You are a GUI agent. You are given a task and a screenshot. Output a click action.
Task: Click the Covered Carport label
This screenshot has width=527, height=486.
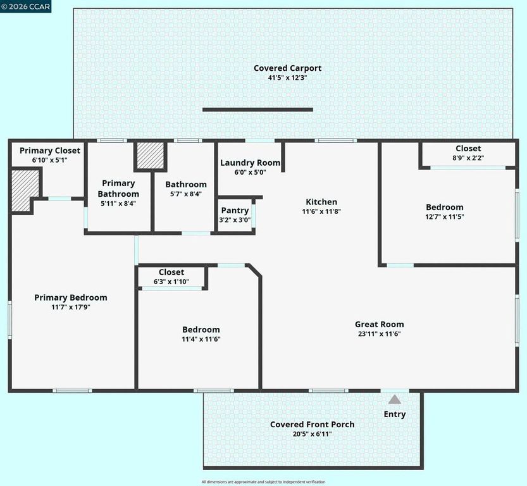pyautogui.click(x=287, y=68)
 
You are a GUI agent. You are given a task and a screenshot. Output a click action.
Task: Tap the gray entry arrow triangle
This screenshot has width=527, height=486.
pyautogui.click(x=394, y=399)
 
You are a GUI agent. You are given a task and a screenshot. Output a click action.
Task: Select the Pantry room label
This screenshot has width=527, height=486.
pyautogui.click(x=235, y=211)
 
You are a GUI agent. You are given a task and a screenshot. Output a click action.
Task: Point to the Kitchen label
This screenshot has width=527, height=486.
pyautogui.click(x=321, y=202)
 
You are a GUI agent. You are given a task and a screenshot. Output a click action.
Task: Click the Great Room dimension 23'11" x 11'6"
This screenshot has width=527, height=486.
pyautogui.click(x=379, y=334)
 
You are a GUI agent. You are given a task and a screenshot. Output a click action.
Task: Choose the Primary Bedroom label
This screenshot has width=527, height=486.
pyautogui.click(x=71, y=297)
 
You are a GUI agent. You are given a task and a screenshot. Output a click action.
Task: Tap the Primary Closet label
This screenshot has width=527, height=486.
pyautogui.click(x=50, y=151)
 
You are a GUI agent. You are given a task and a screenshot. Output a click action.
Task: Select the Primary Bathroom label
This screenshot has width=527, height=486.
pyautogui.click(x=118, y=189)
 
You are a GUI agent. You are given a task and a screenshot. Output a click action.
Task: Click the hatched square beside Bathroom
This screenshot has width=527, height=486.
pyautogui.click(x=151, y=156)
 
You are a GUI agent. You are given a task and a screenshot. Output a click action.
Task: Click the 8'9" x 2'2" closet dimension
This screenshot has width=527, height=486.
pyautogui.click(x=468, y=158)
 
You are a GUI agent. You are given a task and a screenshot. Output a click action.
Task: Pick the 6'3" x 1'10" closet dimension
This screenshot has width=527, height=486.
pyautogui.click(x=171, y=282)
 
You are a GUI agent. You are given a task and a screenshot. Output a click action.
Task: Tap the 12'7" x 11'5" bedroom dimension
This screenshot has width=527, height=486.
pyautogui.click(x=444, y=216)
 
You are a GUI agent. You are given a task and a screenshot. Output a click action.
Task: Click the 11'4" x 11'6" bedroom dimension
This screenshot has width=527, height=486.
pyautogui.click(x=201, y=339)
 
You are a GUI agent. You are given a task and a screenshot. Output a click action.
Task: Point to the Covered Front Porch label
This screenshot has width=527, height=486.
pyautogui.click(x=312, y=424)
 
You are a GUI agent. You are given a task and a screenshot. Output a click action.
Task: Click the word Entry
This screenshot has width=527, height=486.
pyautogui.click(x=395, y=414)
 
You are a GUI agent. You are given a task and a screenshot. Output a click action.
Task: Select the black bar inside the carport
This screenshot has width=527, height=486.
pyautogui.click(x=257, y=109)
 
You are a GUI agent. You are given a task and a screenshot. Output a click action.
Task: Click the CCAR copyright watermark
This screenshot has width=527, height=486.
pyautogui.click(x=26, y=6)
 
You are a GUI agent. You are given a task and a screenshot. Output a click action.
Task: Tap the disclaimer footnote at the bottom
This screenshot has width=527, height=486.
pyautogui.click(x=263, y=482)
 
